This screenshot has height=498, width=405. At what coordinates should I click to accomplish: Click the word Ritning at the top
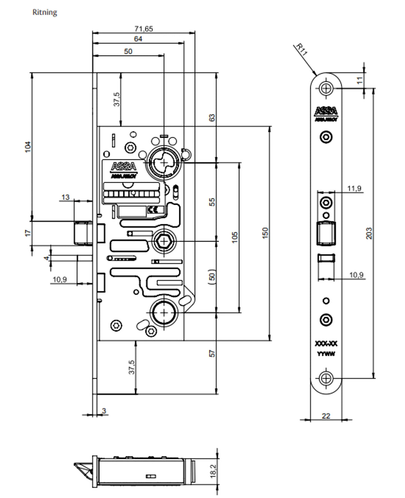(45, 12)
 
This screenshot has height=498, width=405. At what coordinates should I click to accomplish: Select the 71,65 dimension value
(144, 29)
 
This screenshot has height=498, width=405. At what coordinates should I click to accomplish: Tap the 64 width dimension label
(138, 39)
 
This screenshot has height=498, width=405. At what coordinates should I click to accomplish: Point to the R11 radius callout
(301, 49)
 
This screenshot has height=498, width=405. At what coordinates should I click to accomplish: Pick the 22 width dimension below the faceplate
(326, 416)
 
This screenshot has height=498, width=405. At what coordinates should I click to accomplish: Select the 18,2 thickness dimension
(213, 471)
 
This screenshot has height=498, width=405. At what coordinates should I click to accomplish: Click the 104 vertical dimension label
(28, 147)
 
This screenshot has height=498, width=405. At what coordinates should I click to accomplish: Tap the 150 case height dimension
(265, 233)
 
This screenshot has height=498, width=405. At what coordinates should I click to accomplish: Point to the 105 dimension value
(235, 237)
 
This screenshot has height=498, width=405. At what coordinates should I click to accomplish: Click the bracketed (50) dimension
(212, 277)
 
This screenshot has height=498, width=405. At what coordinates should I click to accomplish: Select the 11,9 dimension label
(354, 188)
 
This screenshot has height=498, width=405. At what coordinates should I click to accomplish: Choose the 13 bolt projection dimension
(65, 197)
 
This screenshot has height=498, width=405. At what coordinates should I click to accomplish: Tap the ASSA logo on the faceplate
(326, 111)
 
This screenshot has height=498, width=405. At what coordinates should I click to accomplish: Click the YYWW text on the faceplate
(326, 354)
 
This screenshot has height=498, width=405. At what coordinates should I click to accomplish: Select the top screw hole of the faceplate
(326, 88)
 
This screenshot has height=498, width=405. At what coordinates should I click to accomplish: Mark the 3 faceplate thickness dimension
(104, 411)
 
